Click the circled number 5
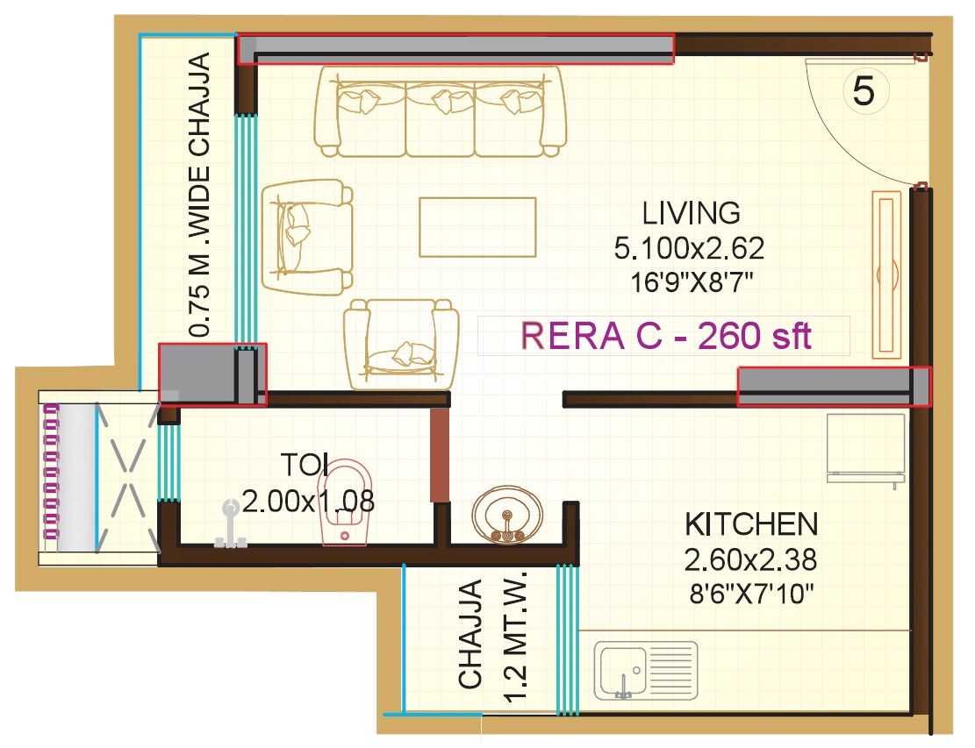(864, 91)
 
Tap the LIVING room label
(691, 213)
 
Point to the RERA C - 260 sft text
(665, 336)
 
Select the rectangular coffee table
(477, 227)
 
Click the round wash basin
(507, 517)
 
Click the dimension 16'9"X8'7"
(691, 282)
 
